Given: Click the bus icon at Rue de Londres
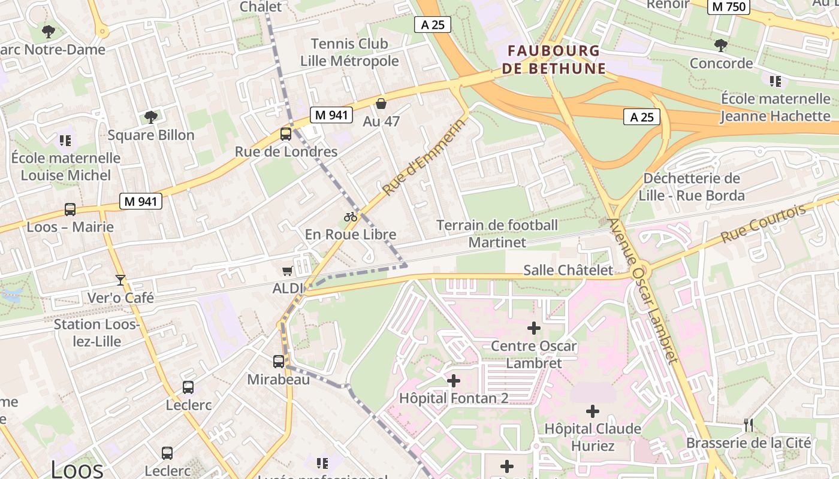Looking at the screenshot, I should [286, 134].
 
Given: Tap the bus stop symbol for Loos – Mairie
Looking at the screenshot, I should [70, 210].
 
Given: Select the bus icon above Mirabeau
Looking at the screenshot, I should [279, 362].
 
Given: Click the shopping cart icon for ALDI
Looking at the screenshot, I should [288, 271].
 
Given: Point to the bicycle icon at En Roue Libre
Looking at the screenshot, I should [351, 217].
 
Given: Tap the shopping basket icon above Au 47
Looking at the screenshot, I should [381, 104].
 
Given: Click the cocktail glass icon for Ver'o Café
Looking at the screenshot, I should [120, 280].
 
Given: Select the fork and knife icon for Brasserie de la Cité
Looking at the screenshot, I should [748, 425].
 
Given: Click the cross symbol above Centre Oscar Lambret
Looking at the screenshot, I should [533, 328].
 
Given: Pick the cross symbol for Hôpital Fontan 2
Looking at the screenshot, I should [454, 380].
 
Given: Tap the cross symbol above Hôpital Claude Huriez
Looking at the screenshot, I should [592, 411].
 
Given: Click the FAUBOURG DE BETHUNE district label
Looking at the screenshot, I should [554, 59].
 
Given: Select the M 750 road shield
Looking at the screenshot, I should [729, 7].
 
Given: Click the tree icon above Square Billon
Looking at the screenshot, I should [151, 117].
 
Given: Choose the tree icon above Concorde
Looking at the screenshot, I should [721, 45].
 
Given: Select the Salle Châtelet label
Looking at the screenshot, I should [568, 270].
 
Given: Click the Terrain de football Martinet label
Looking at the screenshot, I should [497, 234].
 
